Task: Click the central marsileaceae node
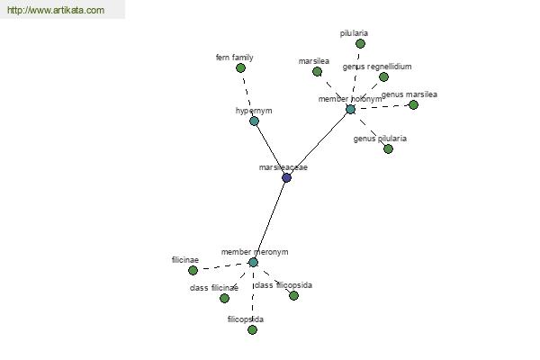pyautogui.click(x=286, y=177)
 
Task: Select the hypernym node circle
pyautogui.click(x=254, y=121)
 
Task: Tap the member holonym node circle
pyautogui.click(x=350, y=109)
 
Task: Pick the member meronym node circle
pyautogui.click(x=253, y=262)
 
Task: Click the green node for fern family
pyautogui.click(x=240, y=67)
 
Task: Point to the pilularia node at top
pyautogui.click(x=360, y=43)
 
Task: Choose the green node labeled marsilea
pyautogui.click(x=317, y=71)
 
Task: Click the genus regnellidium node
pyautogui.click(x=383, y=76)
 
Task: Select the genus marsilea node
pyautogui.click(x=413, y=104)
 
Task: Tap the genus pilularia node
pyautogui.click(x=388, y=148)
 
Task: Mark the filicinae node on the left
pyautogui.click(x=193, y=270)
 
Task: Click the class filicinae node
pyautogui.click(x=224, y=298)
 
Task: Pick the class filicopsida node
pyautogui.click(x=293, y=295)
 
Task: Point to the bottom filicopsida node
pyautogui.click(x=252, y=329)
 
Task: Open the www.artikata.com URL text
pyautogui.click(x=56, y=11)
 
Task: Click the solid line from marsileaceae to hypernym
pyautogui.click(x=270, y=148)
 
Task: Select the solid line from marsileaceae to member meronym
pyautogui.click(x=270, y=219)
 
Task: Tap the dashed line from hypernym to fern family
pyautogui.click(x=247, y=94)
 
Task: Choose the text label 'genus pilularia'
pyautogui.click(x=380, y=139)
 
